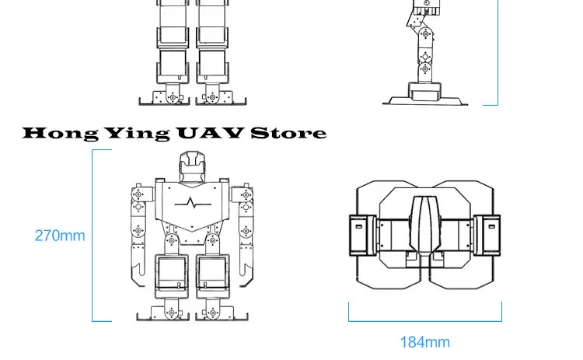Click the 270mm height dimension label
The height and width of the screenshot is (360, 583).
coord(60,236)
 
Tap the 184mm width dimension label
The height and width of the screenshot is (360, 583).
coord(425,342)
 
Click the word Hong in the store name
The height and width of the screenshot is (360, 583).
coord(61,134)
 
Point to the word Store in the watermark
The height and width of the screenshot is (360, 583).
coord(288,133)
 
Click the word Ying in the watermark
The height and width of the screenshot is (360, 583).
coord(137,134)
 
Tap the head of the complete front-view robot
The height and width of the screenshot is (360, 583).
coord(191,166)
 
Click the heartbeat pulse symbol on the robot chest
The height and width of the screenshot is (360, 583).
coord(193,203)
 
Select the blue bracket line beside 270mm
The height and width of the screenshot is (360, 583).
coord(93,236)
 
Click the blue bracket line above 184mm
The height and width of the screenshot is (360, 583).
coord(425,320)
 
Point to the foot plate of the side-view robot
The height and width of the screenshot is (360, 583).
coord(425,100)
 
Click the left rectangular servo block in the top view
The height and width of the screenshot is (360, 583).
coord(362,236)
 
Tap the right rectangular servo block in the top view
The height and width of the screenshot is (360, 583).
coord(487,236)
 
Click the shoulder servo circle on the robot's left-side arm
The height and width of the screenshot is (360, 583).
coord(138,194)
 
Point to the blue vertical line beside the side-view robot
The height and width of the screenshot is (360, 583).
coord(497,52)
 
